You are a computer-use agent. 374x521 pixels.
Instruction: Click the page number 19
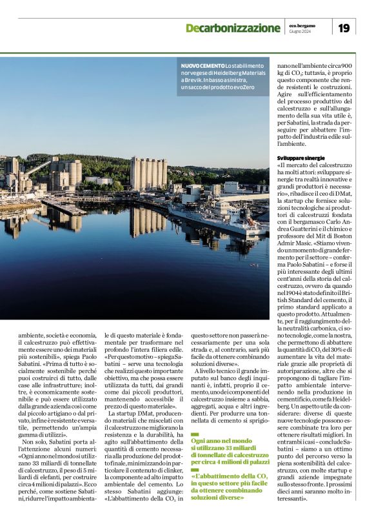click(345, 28)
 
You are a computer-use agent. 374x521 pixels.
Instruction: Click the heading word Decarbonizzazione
click(233, 28)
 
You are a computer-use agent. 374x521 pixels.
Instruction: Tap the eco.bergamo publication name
click(302, 25)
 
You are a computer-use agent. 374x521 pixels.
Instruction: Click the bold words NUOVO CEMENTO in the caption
click(202, 66)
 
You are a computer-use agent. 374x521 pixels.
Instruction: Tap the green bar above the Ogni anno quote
click(195, 434)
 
